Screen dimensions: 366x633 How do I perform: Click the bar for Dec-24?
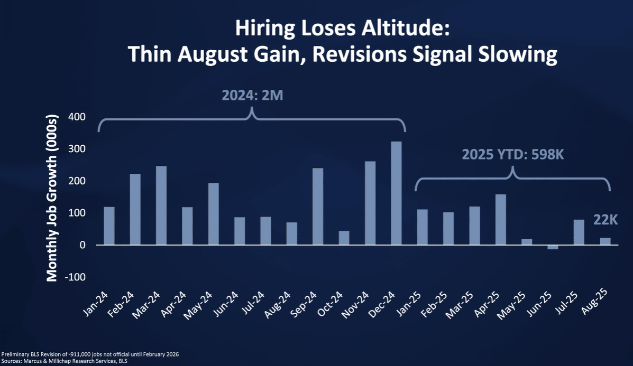coord(396,193)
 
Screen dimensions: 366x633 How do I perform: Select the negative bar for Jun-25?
coord(553,247)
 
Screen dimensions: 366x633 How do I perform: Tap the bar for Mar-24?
coord(161,205)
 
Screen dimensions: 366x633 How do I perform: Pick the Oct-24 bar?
coord(344,238)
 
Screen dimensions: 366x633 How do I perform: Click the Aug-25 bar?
coord(605,241)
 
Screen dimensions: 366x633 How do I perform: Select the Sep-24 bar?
coord(318,207)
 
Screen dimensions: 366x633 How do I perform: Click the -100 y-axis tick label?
coord(75,277)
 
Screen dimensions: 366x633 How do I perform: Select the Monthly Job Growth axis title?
coord(52,196)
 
